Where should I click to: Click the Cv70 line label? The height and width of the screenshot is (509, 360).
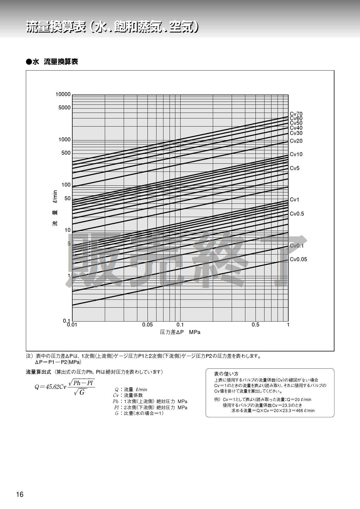(296, 114)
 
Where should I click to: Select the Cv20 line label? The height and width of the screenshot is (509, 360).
(296, 141)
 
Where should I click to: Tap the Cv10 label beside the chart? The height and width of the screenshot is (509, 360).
(296, 154)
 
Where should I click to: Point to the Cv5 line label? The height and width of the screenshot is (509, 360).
(294, 168)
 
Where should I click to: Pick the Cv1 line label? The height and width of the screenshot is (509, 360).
(294, 200)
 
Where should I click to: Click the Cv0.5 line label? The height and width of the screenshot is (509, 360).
(297, 214)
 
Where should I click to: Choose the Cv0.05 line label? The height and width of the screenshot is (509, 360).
(298, 259)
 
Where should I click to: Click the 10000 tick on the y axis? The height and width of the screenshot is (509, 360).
(63, 94)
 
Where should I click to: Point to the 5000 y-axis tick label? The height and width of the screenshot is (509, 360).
(64, 108)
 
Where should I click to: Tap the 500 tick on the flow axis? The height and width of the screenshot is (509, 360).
(66, 153)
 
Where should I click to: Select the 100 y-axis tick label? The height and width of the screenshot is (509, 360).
(66, 185)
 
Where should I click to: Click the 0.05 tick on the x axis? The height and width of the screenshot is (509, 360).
(147, 325)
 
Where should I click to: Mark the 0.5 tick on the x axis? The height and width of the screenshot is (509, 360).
(255, 325)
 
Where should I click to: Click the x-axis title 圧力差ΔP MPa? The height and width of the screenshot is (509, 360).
(180, 332)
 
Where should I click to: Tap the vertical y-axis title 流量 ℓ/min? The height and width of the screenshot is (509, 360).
(55, 208)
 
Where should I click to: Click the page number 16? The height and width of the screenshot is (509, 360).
(20, 495)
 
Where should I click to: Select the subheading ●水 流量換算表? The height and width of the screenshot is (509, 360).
(52, 62)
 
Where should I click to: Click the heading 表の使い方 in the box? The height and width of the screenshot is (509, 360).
(226, 374)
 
